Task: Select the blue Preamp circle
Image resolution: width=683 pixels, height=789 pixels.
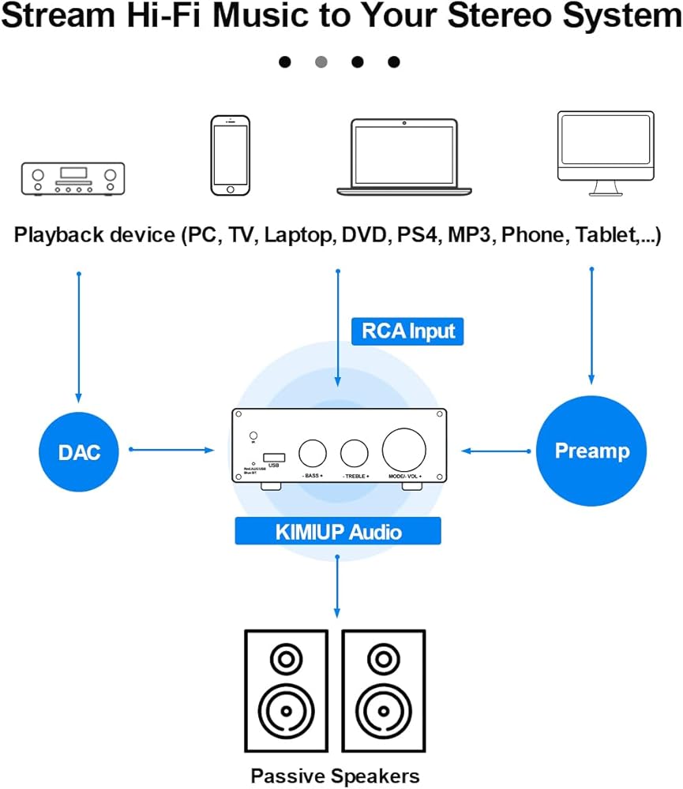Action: (591, 451)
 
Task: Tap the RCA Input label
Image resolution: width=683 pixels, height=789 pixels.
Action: (407, 331)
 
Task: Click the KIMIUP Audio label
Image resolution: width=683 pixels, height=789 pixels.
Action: (338, 531)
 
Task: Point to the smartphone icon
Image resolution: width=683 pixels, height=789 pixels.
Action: (230, 155)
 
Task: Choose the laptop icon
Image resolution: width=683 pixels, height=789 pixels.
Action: (404, 157)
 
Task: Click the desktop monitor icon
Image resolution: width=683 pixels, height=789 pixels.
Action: (605, 153)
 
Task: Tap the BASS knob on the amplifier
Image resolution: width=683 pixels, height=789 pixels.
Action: (313, 453)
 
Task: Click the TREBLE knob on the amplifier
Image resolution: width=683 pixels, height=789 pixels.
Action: (355, 453)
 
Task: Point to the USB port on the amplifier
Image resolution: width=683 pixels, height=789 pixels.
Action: (274, 456)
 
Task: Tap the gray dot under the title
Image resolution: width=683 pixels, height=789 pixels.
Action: (321, 62)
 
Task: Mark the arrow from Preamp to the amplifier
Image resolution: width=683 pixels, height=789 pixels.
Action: (497, 451)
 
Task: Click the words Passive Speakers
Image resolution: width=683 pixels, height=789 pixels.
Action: (335, 775)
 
